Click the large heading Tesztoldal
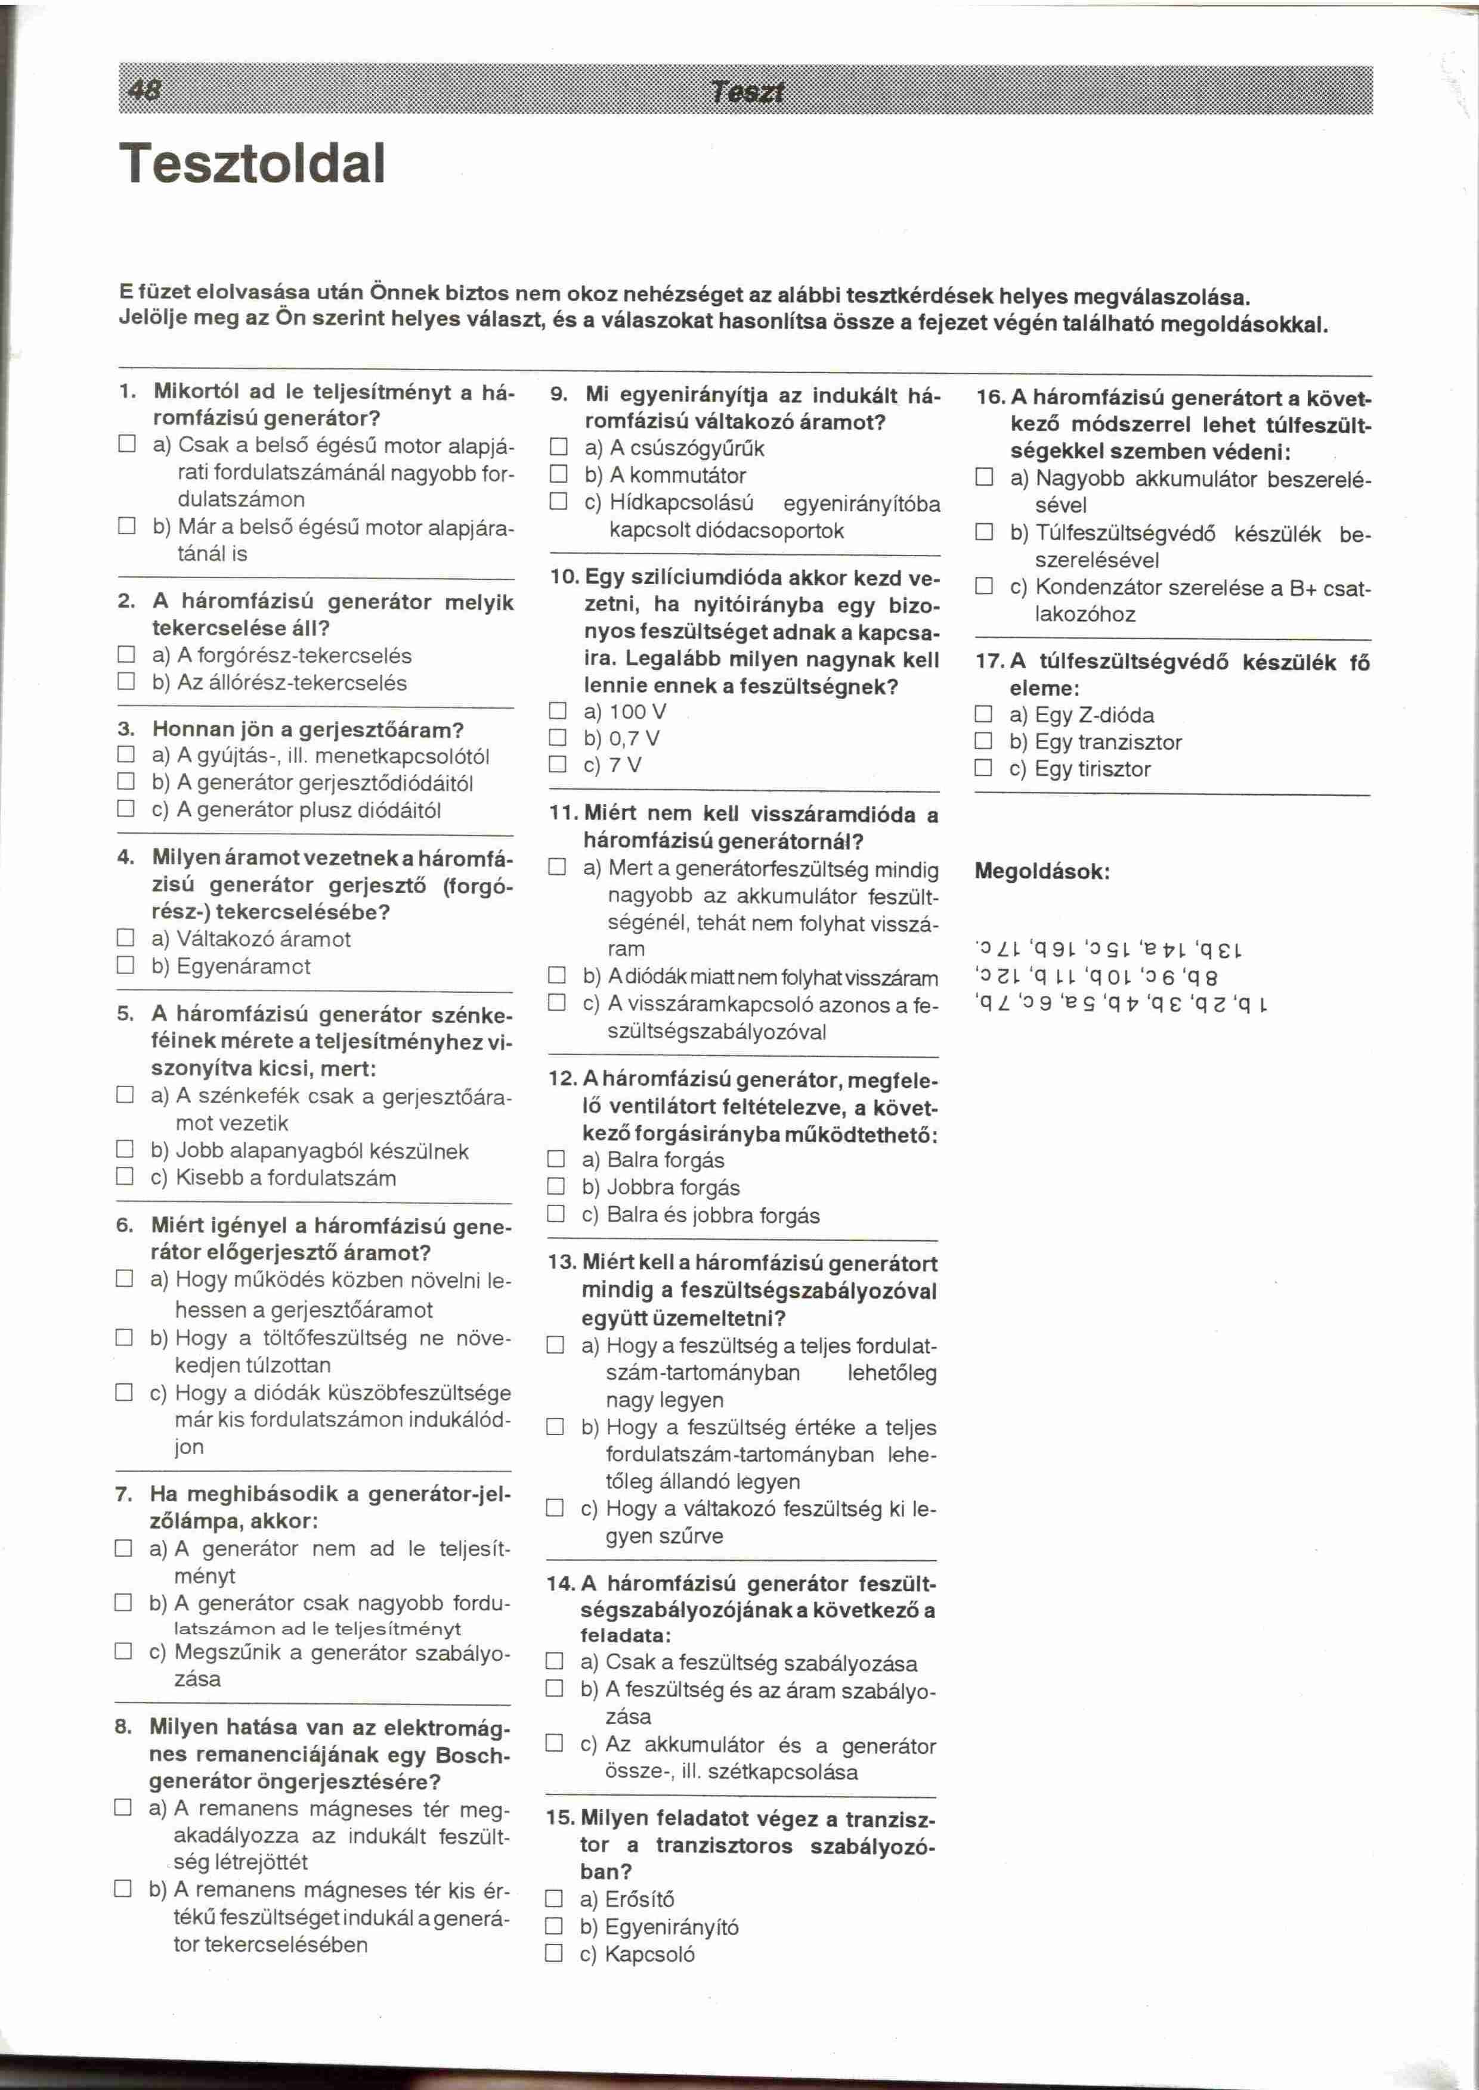pyautogui.click(x=254, y=164)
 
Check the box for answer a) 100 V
pyautogui.click(x=558, y=711)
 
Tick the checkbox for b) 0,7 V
pyautogui.click(x=558, y=737)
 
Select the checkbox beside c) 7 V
pyautogui.click(x=558, y=765)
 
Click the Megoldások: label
pyautogui.click(x=1042, y=871)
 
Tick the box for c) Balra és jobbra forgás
pyautogui.click(x=556, y=1215)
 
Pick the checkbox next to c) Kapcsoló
pyautogui.click(x=553, y=1954)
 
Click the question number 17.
pyautogui.click(x=988, y=663)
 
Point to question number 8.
pyautogui.click(x=125, y=1727)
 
